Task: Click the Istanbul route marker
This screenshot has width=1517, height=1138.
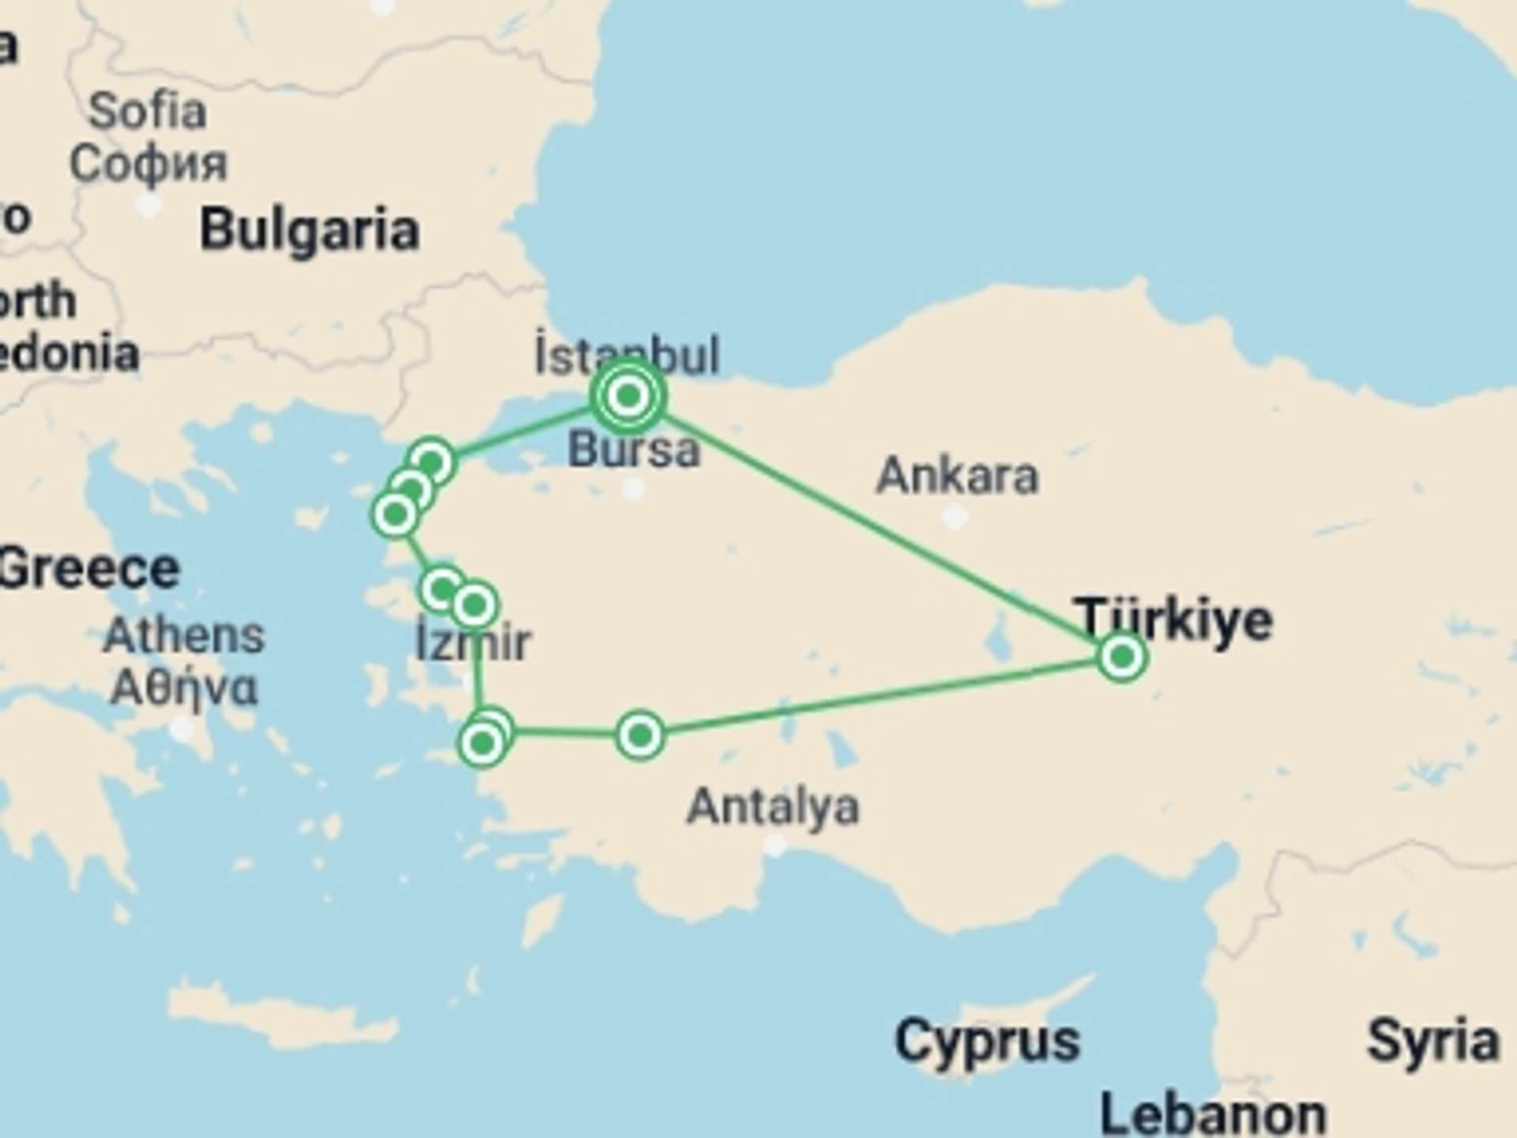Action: pos(628,395)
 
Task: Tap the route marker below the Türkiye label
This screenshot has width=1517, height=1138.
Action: pos(1122,656)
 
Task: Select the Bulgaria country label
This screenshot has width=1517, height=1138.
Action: pos(309,231)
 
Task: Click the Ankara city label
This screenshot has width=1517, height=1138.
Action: pos(957,476)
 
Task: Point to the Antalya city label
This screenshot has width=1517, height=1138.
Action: pos(773,807)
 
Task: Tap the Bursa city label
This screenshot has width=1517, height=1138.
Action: pos(634,450)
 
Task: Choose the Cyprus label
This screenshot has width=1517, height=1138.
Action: pos(987,1042)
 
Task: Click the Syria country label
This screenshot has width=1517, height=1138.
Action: pos(1432,1042)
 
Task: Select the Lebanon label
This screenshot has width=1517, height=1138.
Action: pos(1213,1114)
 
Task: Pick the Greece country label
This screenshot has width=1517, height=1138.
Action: pos(88,569)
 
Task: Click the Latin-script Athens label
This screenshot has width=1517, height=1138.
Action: pos(183,635)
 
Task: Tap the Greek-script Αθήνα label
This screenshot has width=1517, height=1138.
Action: pos(183,688)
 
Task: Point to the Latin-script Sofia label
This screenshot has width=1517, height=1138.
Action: pos(147,111)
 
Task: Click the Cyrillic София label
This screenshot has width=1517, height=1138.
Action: pos(148,164)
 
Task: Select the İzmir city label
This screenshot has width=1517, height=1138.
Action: pos(473,642)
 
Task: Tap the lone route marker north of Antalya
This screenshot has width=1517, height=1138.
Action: pos(640,736)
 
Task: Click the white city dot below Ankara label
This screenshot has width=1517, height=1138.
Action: pos(955,518)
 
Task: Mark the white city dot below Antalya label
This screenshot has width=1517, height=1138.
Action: pos(776,846)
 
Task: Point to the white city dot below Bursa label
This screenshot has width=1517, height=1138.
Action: pos(633,489)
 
